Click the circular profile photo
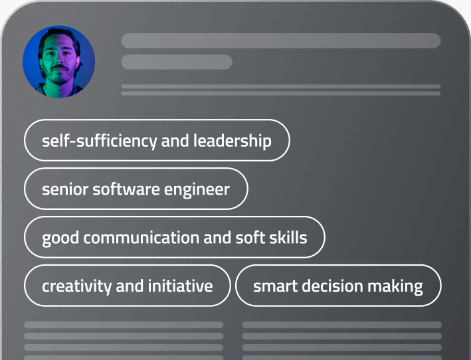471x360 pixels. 58,61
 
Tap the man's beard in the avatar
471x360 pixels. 60,73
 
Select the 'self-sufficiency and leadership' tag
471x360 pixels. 157,141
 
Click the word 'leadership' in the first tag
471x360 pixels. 232,141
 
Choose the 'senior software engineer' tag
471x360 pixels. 136,189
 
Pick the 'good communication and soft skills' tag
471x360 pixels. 174,238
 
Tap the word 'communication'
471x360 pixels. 141,238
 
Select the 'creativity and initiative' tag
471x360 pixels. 127,286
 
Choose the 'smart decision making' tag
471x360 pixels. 338,286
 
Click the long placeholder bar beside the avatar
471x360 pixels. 280,41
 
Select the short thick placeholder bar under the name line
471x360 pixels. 176,62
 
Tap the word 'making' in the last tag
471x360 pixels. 397,286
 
